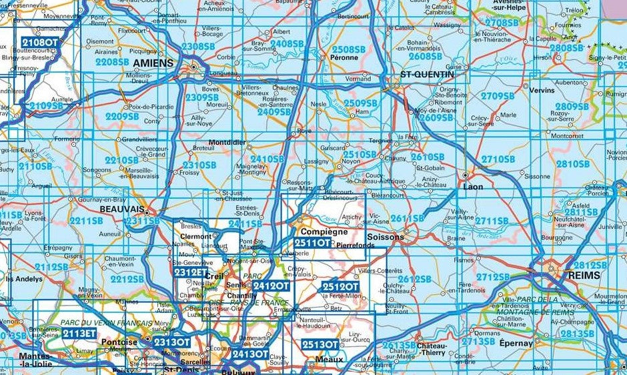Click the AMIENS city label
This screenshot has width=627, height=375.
(x=153, y=63)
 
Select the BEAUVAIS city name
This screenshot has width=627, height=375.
(x=122, y=209)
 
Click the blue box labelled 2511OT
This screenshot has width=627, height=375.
(x=312, y=244)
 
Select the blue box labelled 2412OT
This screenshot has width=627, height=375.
(x=271, y=286)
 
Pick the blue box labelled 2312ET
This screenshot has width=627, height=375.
(x=191, y=272)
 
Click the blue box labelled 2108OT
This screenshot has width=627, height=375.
(x=40, y=42)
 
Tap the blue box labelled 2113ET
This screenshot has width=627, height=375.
(x=79, y=333)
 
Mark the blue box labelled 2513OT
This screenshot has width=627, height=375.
(x=320, y=344)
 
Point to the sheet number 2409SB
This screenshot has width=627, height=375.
(x=274, y=112)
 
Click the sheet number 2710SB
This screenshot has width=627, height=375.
(x=498, y=159)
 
